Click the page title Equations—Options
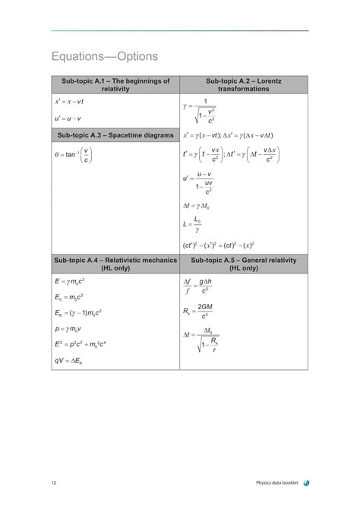[x=105, y=57]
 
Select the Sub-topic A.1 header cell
[x=115, y=84]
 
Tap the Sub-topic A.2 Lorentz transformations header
[x=243, y=84]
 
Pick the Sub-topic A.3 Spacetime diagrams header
[x=115, y=135]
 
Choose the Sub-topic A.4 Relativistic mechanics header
[x=115, y=264]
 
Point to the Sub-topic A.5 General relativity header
[x=243, y=264]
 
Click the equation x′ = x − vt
[x=69, y=100]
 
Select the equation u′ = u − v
[x=68, y=119]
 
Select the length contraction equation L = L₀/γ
[x=194, y=225]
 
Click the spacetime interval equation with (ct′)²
[x=219, y=245]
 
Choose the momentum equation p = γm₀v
[x=73, y=329]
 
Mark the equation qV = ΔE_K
[x=72, y=360]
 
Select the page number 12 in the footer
[x=54, y=483]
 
